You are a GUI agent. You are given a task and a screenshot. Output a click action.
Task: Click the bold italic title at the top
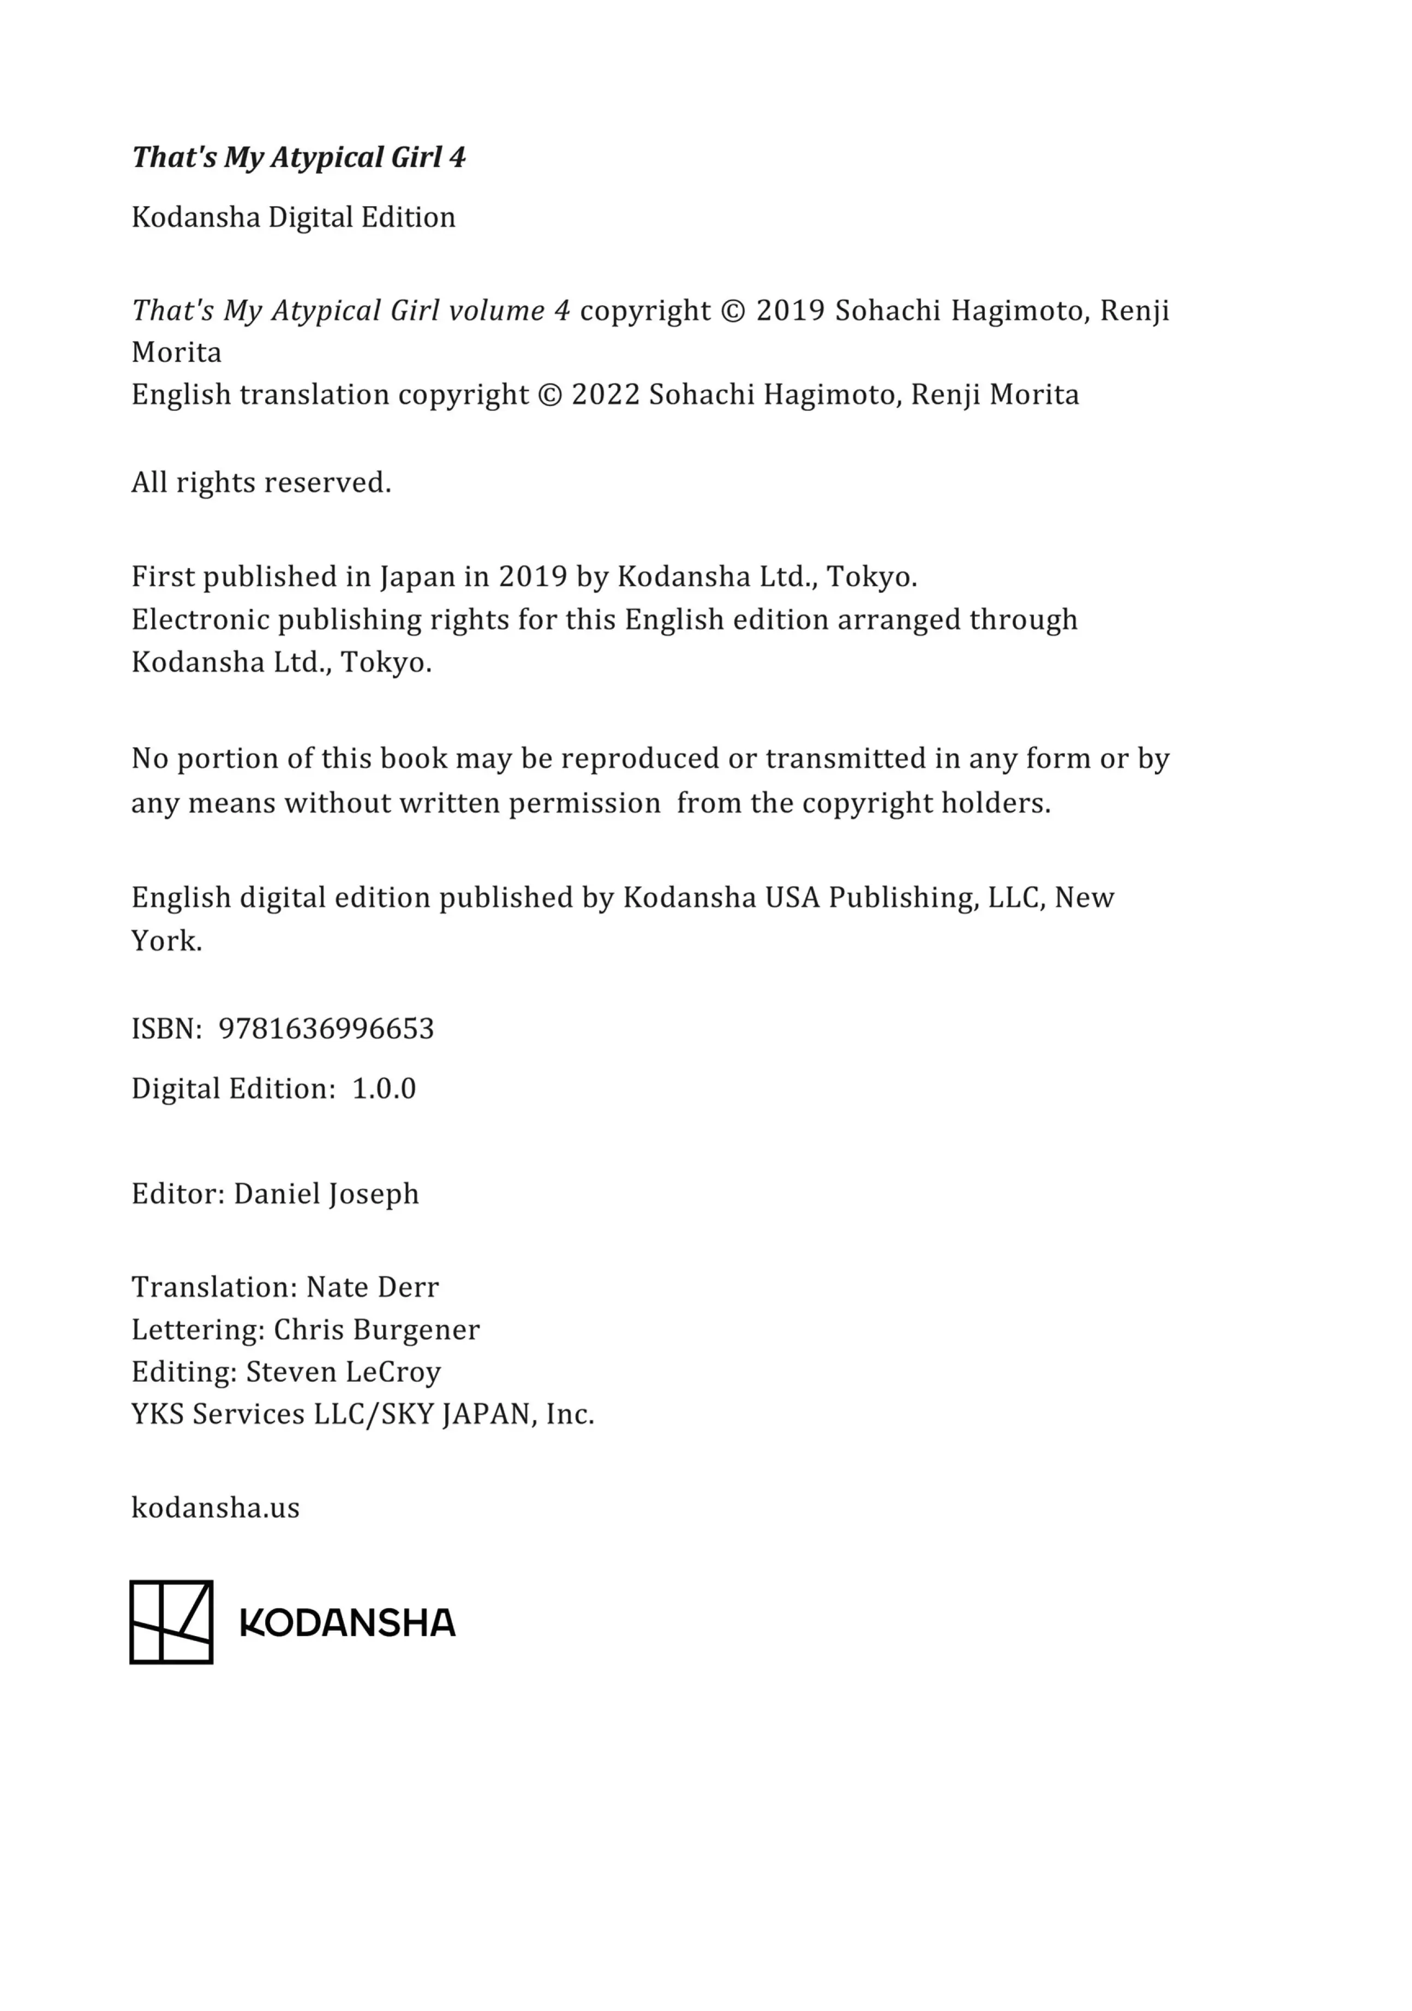point(298,158)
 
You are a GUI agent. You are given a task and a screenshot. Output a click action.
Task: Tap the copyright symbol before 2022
point(549,395)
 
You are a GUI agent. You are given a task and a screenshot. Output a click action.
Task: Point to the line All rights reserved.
point(261,482)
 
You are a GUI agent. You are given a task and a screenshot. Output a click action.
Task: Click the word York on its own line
point(166,941)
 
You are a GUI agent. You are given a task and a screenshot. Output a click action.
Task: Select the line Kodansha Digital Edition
point(294,217)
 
